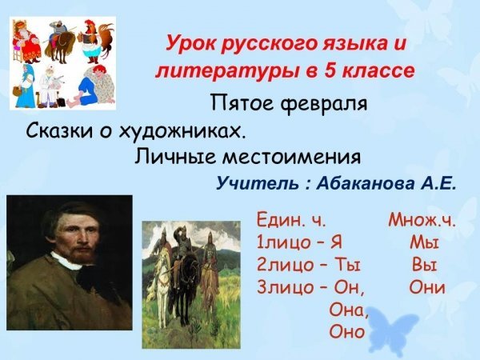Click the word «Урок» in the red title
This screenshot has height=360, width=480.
190,44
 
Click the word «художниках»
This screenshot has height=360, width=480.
182,133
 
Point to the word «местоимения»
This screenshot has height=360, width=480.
292,157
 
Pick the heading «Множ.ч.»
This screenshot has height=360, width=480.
422,220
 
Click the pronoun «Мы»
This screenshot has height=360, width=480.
424,242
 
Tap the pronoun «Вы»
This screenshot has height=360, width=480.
424,265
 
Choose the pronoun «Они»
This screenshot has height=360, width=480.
426,287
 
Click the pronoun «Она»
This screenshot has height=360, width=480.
348,310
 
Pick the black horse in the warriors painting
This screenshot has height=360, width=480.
186,282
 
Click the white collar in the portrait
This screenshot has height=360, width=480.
66,261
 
